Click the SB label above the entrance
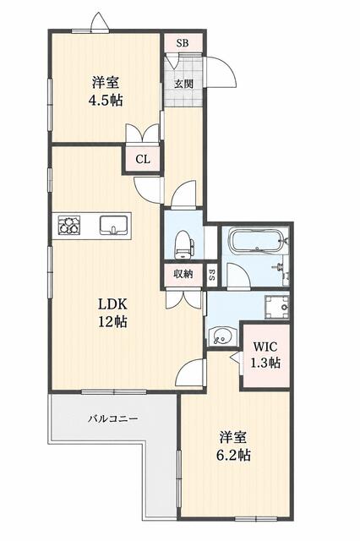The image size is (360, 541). [183, 43]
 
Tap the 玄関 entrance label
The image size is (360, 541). [183, 84]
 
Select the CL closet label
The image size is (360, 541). [143, 160]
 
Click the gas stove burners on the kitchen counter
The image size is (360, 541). [69, 225]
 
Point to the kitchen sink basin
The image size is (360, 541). [114, 225]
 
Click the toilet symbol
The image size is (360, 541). [183, 245]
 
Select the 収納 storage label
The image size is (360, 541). [183, 275]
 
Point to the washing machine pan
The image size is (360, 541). [276, 307]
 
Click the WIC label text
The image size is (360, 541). [265, 347]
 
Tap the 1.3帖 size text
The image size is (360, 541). [265, 363]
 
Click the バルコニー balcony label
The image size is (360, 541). [112, 419]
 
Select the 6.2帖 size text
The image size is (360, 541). [233, 456]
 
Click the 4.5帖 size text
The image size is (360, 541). [106, 101]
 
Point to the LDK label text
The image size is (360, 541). [113, 304]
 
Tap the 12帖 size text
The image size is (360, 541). [113, 321]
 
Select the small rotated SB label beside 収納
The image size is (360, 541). [211, 275]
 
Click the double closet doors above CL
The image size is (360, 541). [143, 133]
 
